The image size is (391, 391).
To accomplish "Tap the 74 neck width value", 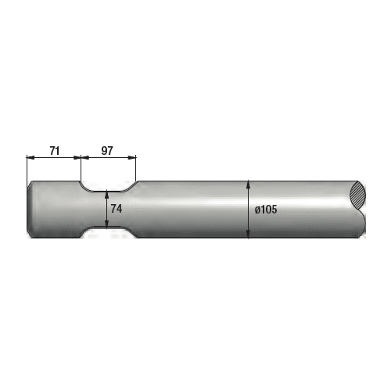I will point(117,209).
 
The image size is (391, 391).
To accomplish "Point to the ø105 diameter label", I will point(266,210).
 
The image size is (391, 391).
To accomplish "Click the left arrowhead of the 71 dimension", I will point(30,156).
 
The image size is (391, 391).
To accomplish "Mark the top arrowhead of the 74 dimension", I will point(106,193).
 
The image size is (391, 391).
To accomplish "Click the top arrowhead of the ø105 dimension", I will point(248,185).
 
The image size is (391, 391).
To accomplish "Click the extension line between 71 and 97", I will point(81,168).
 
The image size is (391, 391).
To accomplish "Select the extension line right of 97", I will point(136,168).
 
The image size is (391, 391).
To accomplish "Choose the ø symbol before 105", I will point(257,210).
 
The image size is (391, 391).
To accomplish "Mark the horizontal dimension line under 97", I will point(108,156).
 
